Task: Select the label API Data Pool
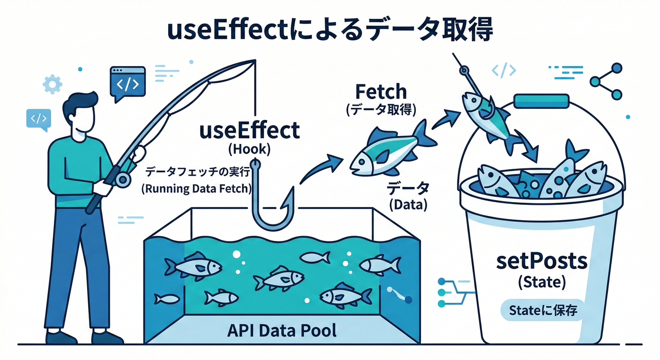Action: (x=282, y=331)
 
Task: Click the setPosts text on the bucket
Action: (x=541, y=261)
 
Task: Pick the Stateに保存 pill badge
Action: (x=542, y=310)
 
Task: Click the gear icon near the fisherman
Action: (x=52, y=84)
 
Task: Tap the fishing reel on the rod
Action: (x=122, y=178)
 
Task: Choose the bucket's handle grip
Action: (x=541, y=100)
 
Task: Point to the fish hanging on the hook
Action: (x=485, y=115)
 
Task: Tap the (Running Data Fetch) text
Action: (x=196, y=189)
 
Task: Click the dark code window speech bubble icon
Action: (x=127, y=82)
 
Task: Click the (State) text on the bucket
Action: (x=541, y=282)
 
